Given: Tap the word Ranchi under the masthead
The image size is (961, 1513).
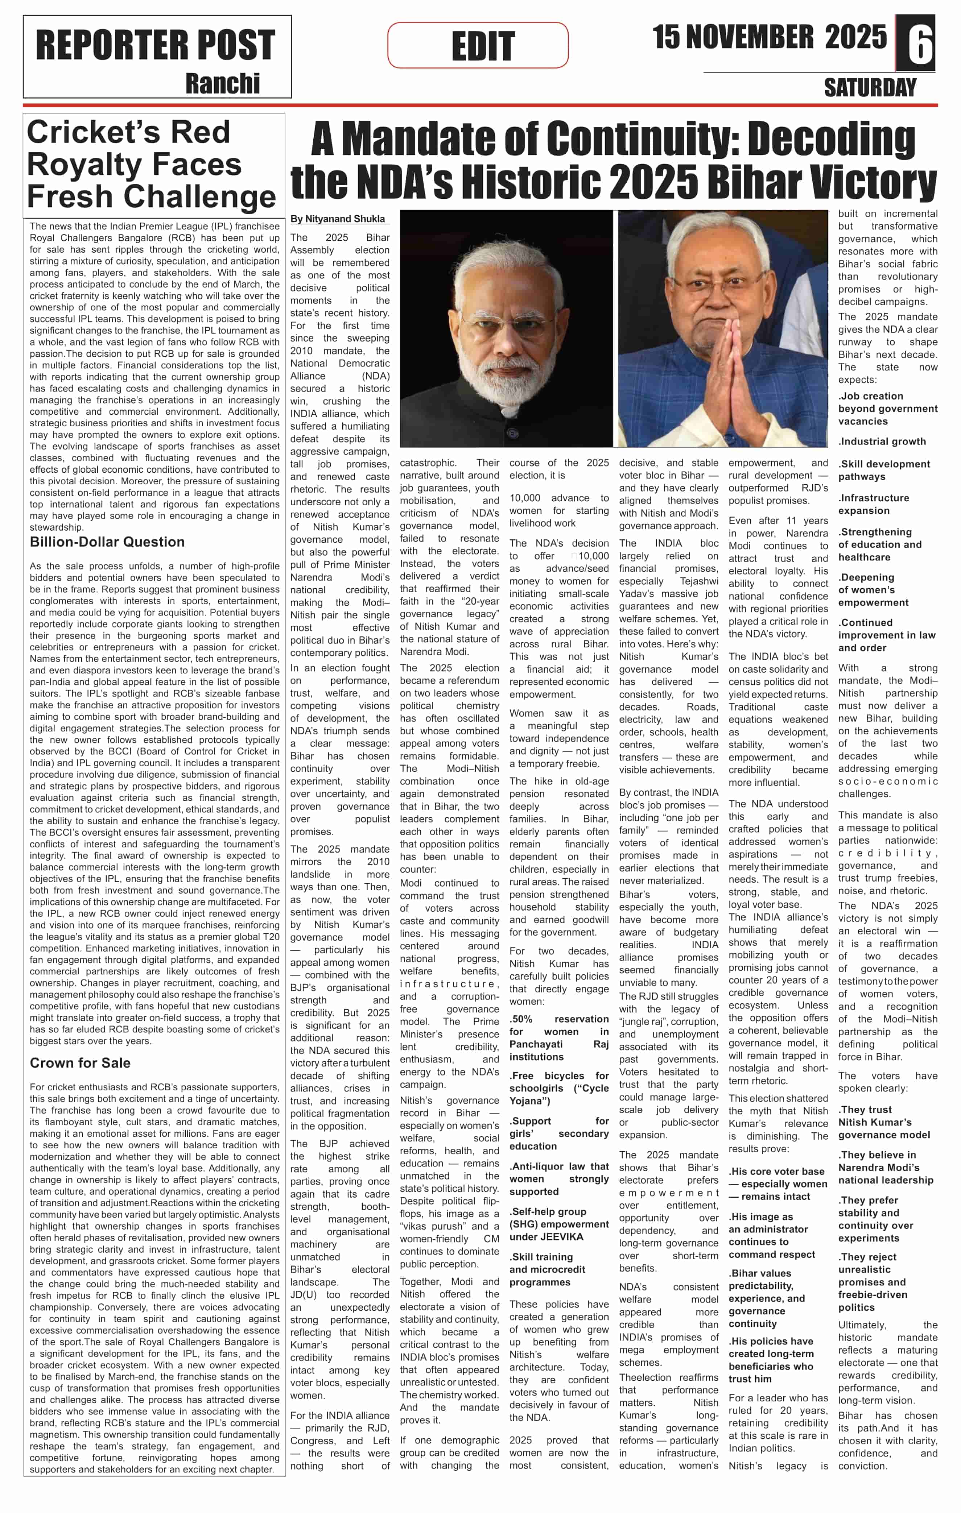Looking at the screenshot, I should click(223, 84).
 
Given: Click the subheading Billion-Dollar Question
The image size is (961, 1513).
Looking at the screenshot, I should click(107, 542).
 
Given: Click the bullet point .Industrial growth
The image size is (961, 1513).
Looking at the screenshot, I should click(882, 442).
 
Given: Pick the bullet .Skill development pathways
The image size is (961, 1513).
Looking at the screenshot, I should click(884, 471).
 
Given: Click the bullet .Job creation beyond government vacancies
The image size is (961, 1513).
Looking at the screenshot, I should click(887, 409).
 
